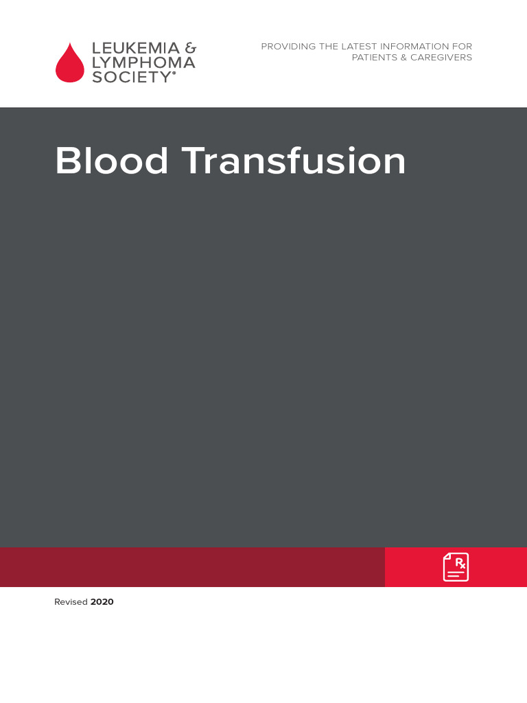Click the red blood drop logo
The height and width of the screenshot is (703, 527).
click(70, 64)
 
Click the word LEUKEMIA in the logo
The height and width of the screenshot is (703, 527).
click(135, 49)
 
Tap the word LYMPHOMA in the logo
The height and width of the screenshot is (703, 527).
click(143, 62)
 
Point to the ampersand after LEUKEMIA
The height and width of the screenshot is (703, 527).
click(191, 49)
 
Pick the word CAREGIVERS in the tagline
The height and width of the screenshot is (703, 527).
click(441, 58)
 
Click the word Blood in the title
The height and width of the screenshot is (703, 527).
click(112, 161)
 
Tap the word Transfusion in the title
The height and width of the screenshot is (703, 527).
click(294, 161)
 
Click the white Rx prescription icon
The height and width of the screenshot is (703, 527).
click(456, 567)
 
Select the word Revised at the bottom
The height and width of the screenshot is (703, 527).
click(71, 602)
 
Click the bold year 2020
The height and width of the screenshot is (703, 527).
click(102, 602)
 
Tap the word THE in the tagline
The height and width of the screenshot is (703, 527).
click(329, 47)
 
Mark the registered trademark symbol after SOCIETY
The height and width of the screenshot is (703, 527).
click(174, 73)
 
